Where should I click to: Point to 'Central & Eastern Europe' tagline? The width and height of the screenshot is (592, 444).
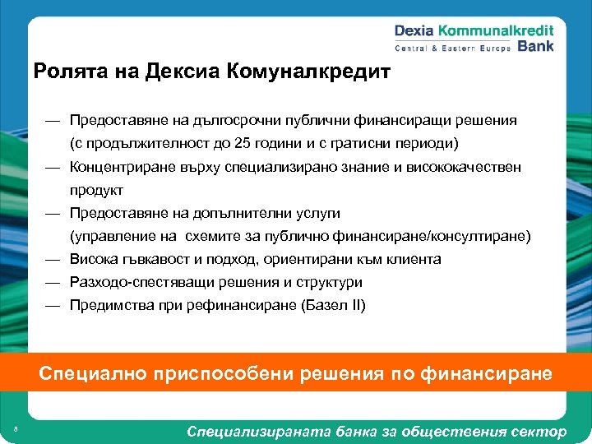click(x=453, y=48)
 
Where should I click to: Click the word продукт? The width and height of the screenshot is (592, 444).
click(x=96, y=190)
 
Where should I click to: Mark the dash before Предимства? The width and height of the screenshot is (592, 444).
click(x=52, y=305)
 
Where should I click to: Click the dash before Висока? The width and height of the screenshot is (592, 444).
click(x=52, y=259)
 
